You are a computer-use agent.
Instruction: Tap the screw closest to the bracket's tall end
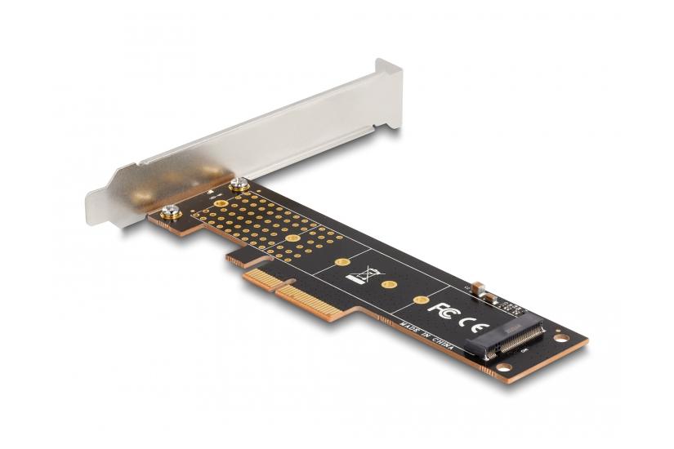point(239,184)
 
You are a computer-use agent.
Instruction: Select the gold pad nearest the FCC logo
point(420,300)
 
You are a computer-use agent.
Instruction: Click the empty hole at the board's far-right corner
point(560,337)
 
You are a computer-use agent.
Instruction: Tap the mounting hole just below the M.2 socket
point(501,367)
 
